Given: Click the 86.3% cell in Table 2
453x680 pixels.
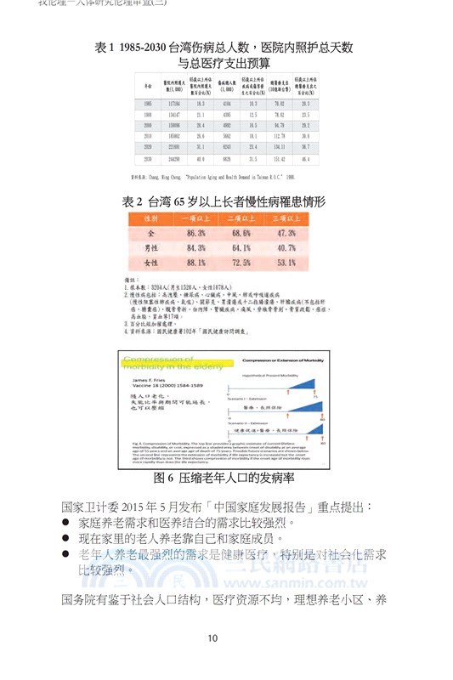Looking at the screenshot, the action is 195,232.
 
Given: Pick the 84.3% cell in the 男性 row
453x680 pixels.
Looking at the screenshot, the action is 195,247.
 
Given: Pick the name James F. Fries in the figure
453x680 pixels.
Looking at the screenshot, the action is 148,377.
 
